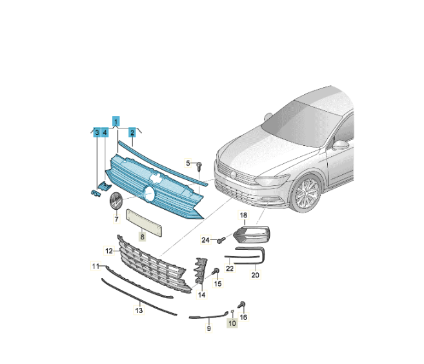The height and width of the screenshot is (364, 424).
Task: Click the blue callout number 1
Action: [x=116, y=121]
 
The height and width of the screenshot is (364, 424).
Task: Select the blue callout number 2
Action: [x=132, y=132]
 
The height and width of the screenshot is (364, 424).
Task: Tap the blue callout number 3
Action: [x=97, y=132]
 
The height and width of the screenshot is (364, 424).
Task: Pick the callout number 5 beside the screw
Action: [x=188, y=163]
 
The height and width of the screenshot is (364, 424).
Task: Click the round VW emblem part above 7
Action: [x=116, y=200]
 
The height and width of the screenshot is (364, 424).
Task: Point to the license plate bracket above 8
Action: [x=145, y=223]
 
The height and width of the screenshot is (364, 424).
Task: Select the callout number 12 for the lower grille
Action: [x=108, y=250]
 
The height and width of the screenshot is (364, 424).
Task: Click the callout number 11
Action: [x=96, y=266]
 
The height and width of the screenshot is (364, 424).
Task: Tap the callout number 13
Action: [x=139, y=310]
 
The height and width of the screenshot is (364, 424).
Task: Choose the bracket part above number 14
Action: [x=201, y=270]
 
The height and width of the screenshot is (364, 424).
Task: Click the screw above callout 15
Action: [x=216, y=270]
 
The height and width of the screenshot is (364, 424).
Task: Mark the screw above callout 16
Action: [x=241, y=305]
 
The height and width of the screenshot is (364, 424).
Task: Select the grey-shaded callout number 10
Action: [x=232, y=323]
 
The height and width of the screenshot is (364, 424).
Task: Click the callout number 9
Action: [x=208, y=329]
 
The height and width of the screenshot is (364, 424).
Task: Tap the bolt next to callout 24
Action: [x=221, y=239]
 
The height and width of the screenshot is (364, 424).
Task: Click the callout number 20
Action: [x=255, y=275]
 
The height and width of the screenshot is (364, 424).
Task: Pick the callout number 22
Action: [x=230, y=268]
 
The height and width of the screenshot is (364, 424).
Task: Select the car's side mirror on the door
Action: [x=341, y=145]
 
